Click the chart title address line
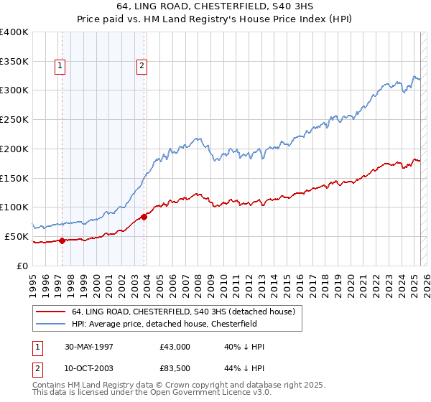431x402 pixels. point(215,5)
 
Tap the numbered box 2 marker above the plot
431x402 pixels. point(142,67)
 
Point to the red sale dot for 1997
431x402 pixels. point(62,240)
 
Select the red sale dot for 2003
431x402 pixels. point(144,217)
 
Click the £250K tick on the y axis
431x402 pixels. point(15,119)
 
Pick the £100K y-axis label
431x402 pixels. point(15,207)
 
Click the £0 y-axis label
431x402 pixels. point(22,266)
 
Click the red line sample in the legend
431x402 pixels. point(50,312)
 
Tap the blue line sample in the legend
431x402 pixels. point(50,324)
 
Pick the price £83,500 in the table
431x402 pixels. point(175,371)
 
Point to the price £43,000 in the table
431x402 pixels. point(175,347)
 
